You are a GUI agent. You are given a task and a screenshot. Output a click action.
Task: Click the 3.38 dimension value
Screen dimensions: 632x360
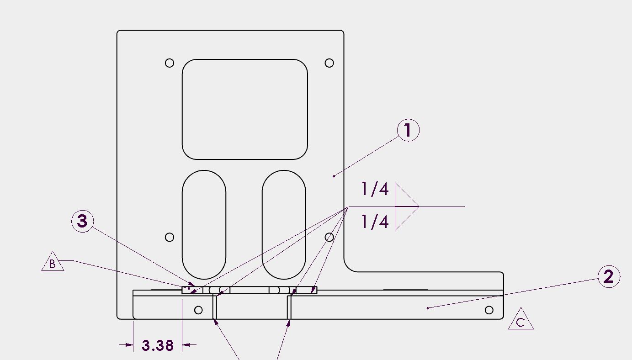[x=158, y=345]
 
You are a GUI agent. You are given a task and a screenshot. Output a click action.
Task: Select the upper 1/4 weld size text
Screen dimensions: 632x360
[x=375, y=189]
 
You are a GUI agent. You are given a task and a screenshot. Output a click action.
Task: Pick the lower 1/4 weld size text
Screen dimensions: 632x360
[x=375, y=222]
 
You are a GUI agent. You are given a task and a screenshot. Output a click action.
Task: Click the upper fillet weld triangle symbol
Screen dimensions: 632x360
[x=406, y=195]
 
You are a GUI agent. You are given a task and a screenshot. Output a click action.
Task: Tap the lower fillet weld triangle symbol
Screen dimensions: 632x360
[x=406, y=218]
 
